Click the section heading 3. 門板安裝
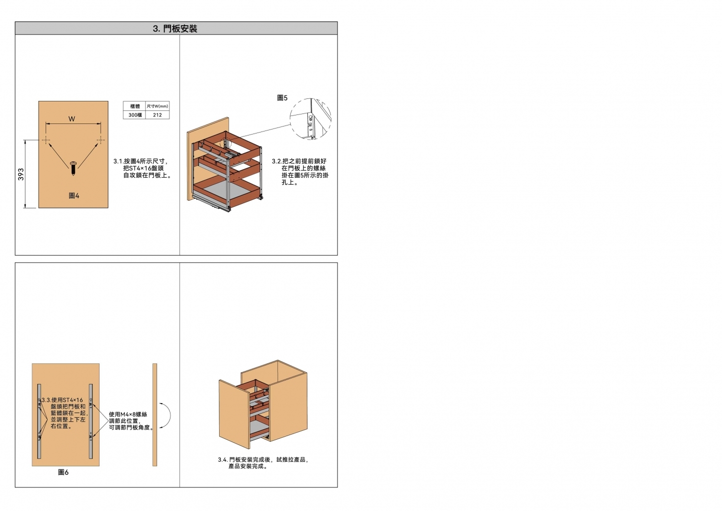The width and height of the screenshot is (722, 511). pyautogui.click(x=175, y=29)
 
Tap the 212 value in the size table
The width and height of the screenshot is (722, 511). pyautogui.click(x=157, y=115)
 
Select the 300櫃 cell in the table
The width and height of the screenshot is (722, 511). pyautogui.click(x=135, y=115)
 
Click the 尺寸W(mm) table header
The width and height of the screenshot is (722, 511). pyautogui.click(x=157, y=106)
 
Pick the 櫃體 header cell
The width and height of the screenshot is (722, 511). pyautogui.click(x=135, y=106)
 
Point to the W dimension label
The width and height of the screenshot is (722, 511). pyautogui.click(x=72, y=119)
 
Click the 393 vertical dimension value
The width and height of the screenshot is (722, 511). pyautogui.click(x=21, y=174)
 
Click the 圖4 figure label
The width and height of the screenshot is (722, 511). pyautogui.click(x=74, y=195)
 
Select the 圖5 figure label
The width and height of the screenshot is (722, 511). pyautogui.click(x=282, y=98)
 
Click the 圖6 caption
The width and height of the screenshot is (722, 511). pyautogui.click(x=63, y=472)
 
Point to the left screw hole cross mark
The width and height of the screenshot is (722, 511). pyautogui.click(x=46, y=140)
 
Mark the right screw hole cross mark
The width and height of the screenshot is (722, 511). pyautogui.click(x=101, y=140)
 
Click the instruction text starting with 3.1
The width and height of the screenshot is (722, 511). pyautogui.click(x=142, y=168)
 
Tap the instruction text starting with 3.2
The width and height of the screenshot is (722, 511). pyautogui.click(x=300, y=172)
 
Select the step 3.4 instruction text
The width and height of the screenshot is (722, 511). pyautogui.click(x=263, y=463)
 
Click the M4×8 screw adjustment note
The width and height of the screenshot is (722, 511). pyautogui.click(x=130, y=421)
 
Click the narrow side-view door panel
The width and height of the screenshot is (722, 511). pyautogui.click(x=155, y=415)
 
